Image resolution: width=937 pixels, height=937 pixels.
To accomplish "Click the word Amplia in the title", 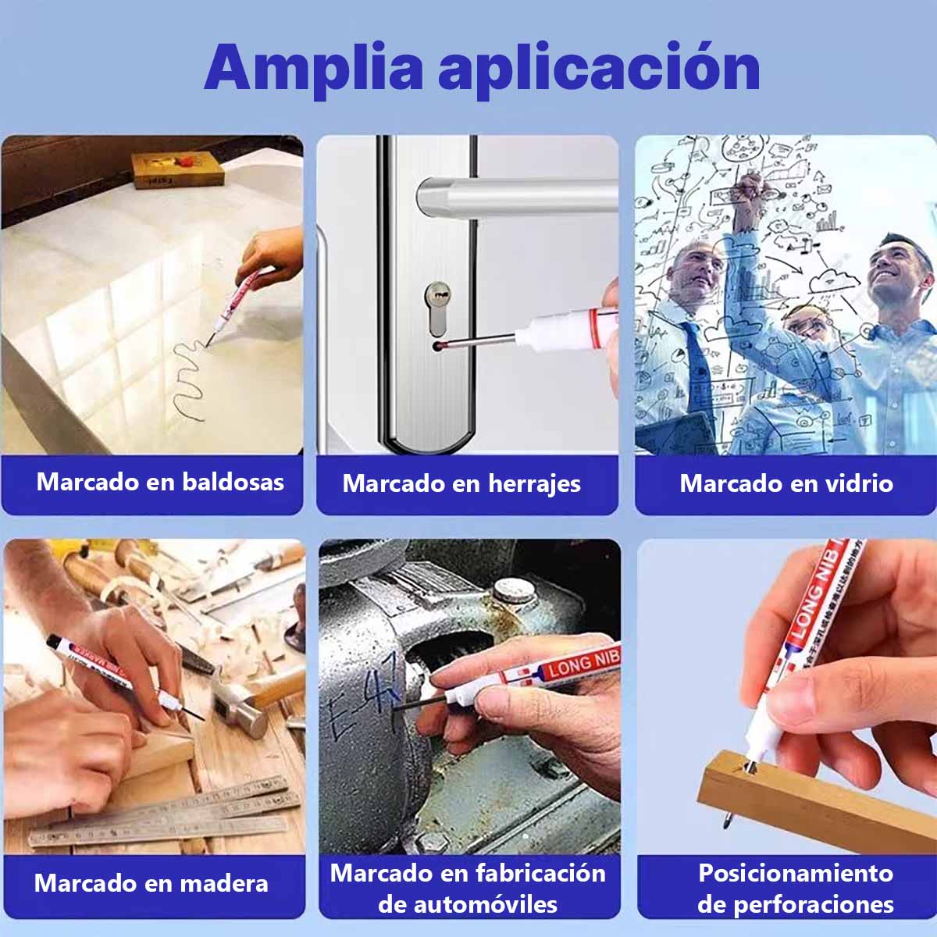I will (x=312, y=69).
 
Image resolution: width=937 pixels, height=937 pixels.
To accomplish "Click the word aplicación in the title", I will (x=599, y=69).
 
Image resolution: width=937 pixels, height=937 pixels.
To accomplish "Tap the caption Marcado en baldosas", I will (x=160, y=482).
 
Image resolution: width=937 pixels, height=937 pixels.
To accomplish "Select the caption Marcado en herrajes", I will (x=461, y=483).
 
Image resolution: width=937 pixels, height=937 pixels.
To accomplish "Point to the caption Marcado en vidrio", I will (x=786, y=483).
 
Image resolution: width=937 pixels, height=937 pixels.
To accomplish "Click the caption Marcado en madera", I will (x=151, y=884).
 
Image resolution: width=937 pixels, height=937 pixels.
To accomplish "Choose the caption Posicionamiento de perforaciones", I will (x=796, y=889).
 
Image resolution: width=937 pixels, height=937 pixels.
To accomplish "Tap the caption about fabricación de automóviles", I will (x=468, y=889).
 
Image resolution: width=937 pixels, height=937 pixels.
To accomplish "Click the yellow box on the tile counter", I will (x=177, y=169).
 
